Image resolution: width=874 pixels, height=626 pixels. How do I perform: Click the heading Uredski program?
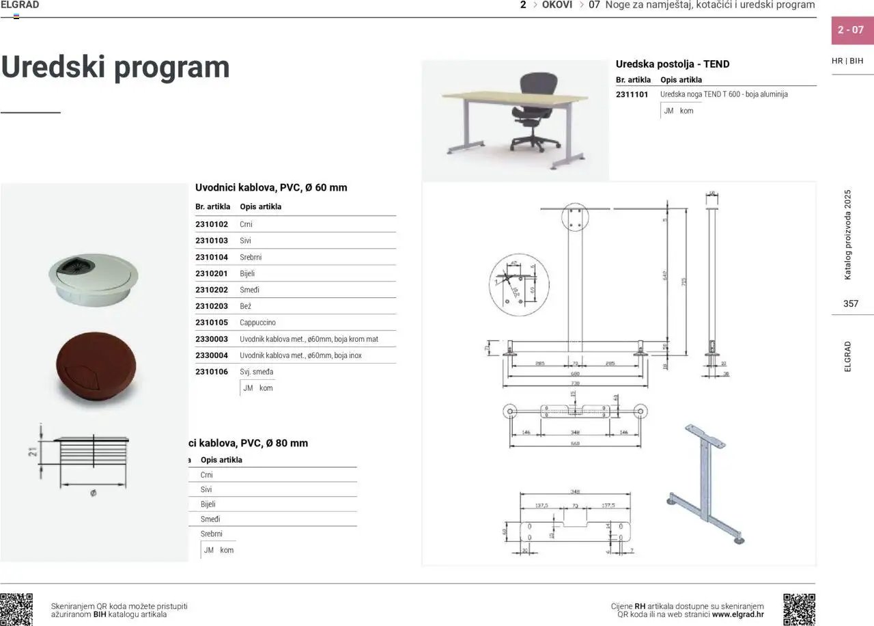(115, 67)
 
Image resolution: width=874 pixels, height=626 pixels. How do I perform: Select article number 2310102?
(212, 224)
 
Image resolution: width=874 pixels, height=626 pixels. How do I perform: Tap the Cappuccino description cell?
(258, 323)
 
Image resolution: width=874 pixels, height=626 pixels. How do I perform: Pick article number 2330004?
(212, 355)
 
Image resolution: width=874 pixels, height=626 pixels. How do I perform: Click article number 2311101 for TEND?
(632, 94)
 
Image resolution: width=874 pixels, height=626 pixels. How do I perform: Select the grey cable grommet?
(93, 276)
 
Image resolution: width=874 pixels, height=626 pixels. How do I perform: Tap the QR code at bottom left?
(16, 610)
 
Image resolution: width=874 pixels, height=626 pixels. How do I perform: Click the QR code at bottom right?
(799, 610)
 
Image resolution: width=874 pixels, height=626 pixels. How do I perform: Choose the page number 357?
(851, 303)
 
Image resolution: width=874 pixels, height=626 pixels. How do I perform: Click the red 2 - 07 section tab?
(851, 30)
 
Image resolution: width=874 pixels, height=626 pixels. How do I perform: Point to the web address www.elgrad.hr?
(737, 614)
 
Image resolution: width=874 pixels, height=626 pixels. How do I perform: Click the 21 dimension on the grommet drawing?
(32, 452)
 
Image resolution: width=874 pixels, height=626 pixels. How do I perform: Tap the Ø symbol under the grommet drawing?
(93, 493)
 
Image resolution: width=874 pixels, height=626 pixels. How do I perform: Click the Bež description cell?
(246, 306)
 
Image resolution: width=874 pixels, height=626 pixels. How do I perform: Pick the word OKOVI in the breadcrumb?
(557, 5)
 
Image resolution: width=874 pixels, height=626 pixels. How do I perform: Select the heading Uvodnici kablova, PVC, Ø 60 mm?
(271, 187)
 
